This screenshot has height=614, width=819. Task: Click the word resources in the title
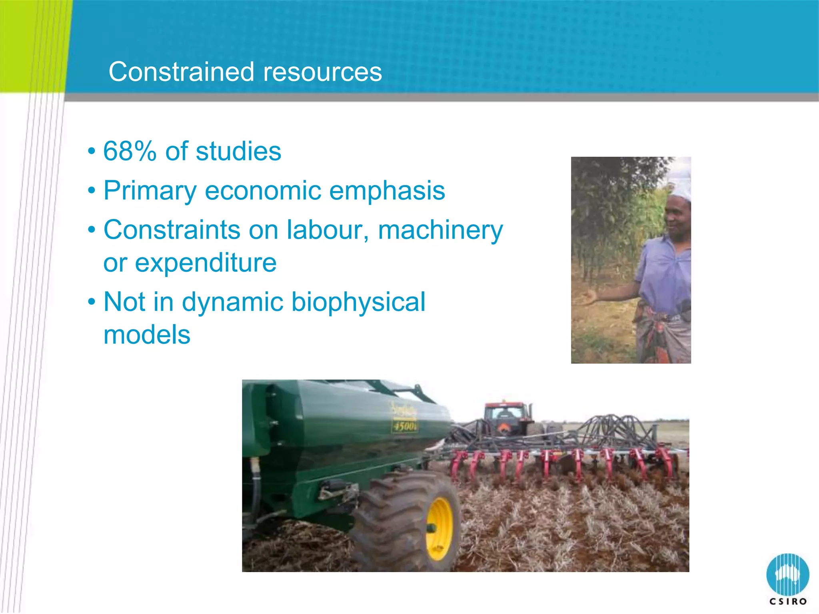click(322, 73)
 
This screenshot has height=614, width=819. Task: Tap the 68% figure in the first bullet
click(129, 152)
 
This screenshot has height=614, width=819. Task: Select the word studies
click(238, 152)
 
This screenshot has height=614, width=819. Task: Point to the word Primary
click(150, 191)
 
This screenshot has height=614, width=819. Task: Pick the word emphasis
click(387, 191)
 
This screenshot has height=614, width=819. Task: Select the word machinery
click(440, 231)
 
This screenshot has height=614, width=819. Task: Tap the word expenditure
click(206, 263)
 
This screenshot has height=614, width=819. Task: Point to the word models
click(147, 335)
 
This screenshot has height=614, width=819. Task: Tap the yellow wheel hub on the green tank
click(439, 528)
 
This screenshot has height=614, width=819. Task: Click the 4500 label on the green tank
click(405, 427)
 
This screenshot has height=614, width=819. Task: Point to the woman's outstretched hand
click(587, 297)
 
